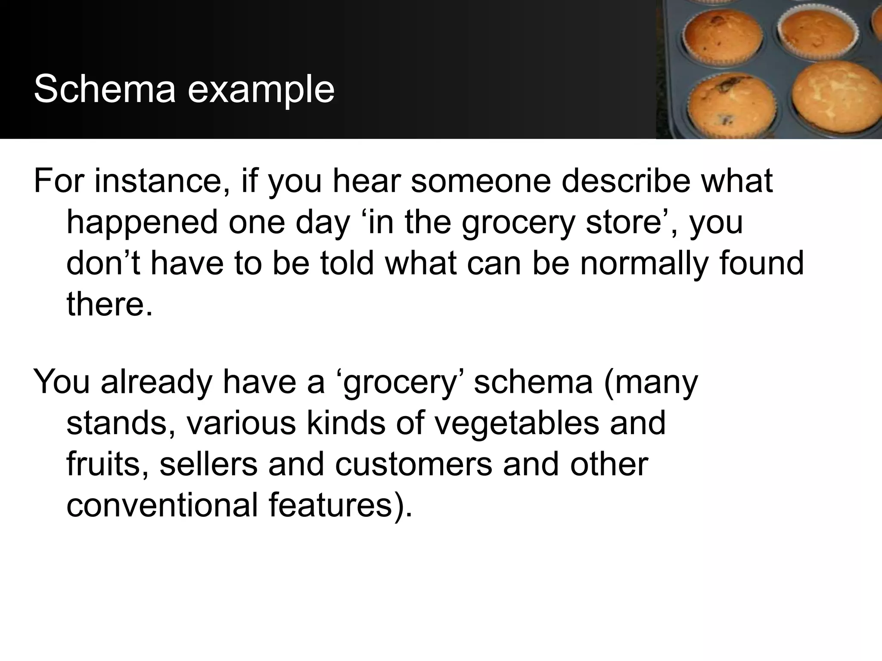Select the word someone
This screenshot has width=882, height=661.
(x=481, y=181)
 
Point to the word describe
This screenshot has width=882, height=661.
(x=626, y=181)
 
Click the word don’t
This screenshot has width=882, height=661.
(x=103, y=263)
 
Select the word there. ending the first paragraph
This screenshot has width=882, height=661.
(x=109, y=303)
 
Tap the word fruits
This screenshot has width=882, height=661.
(x=108, y=464)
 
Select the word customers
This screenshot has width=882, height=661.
(x=413, y=464)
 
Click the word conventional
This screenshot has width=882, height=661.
(x=162, y=505)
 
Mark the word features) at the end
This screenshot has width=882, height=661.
(x=340, y=505)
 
